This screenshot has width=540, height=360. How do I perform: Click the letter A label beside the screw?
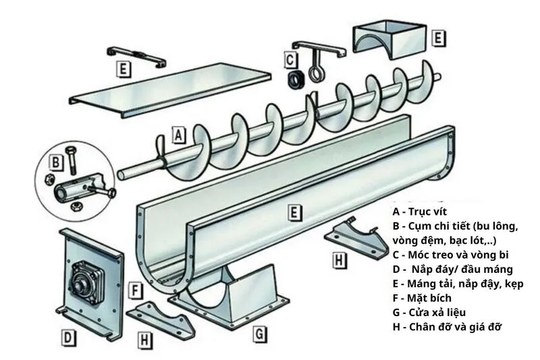(x=178, y=134)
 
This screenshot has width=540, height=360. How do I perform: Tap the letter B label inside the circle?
(x=57, y=163)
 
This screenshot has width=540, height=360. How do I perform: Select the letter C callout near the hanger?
(x=290, y=59)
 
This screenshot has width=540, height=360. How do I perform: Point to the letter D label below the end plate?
(x=69, y=336)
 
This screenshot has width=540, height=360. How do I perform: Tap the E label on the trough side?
(x=293, y=213)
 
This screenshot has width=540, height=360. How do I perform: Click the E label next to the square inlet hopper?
(x=438, y=38)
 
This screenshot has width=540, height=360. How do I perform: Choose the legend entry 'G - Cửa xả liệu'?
(x=429, y=313)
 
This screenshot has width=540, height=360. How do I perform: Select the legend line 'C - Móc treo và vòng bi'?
(x=450, y=255)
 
